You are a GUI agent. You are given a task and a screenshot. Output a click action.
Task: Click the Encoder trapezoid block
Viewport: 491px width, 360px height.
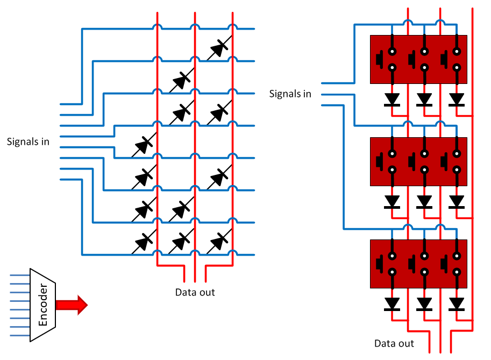tap(44, 305)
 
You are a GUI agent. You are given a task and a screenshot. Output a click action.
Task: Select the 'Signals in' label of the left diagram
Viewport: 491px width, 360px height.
tap(28, 142)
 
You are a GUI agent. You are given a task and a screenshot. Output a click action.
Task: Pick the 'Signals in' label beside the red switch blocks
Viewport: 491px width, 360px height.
tap(290, 94)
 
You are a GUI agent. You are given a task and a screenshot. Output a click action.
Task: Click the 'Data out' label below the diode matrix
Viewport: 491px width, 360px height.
tap(195, 292)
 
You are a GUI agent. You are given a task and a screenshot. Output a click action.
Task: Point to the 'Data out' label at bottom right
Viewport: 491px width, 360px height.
tap(394, 343)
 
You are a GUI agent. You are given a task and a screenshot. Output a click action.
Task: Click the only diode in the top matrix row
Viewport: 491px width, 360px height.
tap(218, 49)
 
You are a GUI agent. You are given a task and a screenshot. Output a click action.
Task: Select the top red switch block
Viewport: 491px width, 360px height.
tap(418, 59)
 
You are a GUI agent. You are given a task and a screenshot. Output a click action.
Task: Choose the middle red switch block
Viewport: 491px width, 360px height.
tap(418, 161)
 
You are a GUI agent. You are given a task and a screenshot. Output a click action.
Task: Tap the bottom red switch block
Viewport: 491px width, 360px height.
tap(418, 264)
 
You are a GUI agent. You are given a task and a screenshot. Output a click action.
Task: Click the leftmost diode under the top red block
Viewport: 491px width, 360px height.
tap(392, 100)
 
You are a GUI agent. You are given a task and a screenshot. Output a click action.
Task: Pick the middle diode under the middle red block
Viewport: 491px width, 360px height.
tap(424, 201)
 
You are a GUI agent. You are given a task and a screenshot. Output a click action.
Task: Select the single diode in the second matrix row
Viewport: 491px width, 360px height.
tap(180, 81)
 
